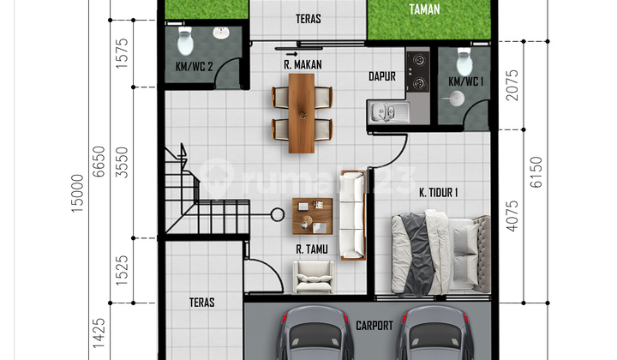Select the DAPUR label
381,75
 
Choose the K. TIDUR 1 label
437,193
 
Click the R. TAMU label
308,249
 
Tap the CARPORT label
374,326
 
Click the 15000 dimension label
80,189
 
